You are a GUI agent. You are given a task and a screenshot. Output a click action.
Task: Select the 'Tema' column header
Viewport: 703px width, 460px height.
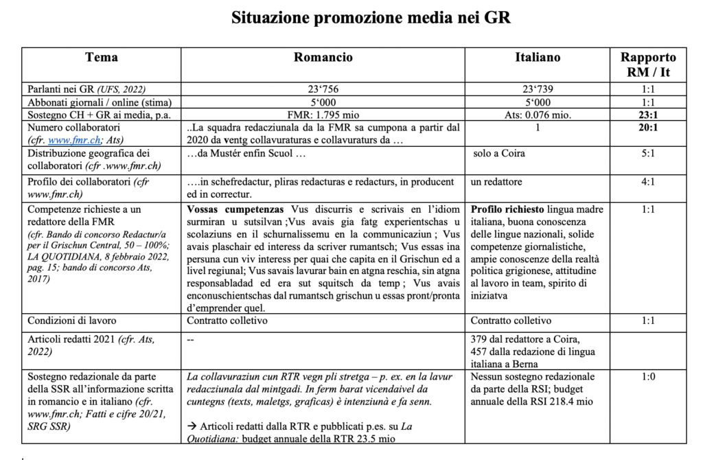coord(101,58)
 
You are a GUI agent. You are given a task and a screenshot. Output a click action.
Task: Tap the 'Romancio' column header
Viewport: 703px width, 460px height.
coord(323,58)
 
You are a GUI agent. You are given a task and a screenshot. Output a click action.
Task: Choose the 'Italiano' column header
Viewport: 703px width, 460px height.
coord(538,58)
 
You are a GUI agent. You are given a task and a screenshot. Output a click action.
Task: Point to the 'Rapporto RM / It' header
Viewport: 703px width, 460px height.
coord(648,65)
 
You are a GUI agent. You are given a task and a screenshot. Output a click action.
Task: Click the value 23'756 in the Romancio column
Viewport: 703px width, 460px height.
coord(323,90)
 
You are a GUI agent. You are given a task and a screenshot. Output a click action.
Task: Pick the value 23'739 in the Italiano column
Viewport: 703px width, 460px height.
coord(538,90)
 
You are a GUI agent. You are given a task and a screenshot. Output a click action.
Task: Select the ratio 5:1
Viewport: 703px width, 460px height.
coord(648,154)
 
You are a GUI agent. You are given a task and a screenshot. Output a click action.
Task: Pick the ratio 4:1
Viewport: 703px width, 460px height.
coord(648,182)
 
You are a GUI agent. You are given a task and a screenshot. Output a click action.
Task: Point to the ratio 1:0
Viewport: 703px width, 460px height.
coord(648,377)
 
